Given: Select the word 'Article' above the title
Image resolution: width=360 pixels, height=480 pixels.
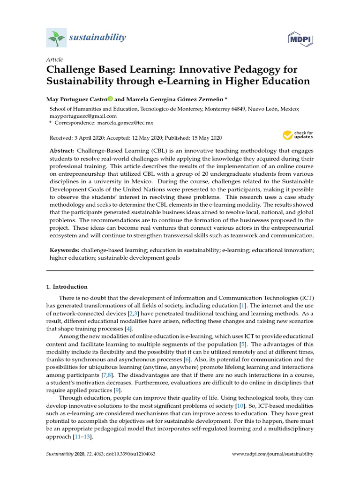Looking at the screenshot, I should pyautogui.click(x=54, y=60).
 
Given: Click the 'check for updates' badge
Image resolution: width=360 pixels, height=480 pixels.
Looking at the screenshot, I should pyautogui.click(x=298, y=136).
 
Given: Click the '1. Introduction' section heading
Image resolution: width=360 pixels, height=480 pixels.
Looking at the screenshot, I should pyautogui.click(x=66, y=286).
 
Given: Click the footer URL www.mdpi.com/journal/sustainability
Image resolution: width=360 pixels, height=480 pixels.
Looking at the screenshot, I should pyautogui.click(x=273, y=454).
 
